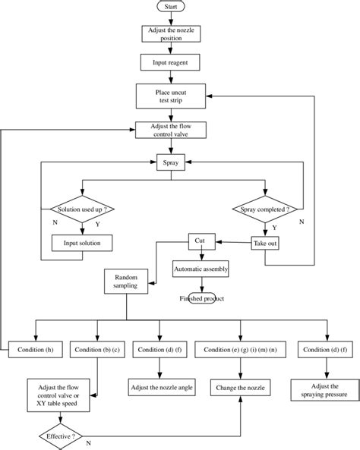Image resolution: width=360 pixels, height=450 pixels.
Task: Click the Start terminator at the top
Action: click(x=171, y=7)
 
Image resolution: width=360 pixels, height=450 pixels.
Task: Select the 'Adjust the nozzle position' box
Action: click(x=171, y=34)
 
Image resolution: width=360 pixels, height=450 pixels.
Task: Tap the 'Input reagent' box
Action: click(x=171, y=63)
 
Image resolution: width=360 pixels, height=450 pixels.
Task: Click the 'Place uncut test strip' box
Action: click(x=171, y=96)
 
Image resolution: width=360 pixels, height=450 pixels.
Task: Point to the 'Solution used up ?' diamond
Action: click(x=81, y=209)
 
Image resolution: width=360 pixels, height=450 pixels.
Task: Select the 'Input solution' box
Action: click(x=81, y=243)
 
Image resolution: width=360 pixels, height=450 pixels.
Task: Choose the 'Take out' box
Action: click(x=266, y=243)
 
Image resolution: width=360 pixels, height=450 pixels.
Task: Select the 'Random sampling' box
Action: click(x=125, y=282)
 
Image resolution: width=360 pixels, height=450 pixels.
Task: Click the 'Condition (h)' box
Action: click(x=36, y=350)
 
